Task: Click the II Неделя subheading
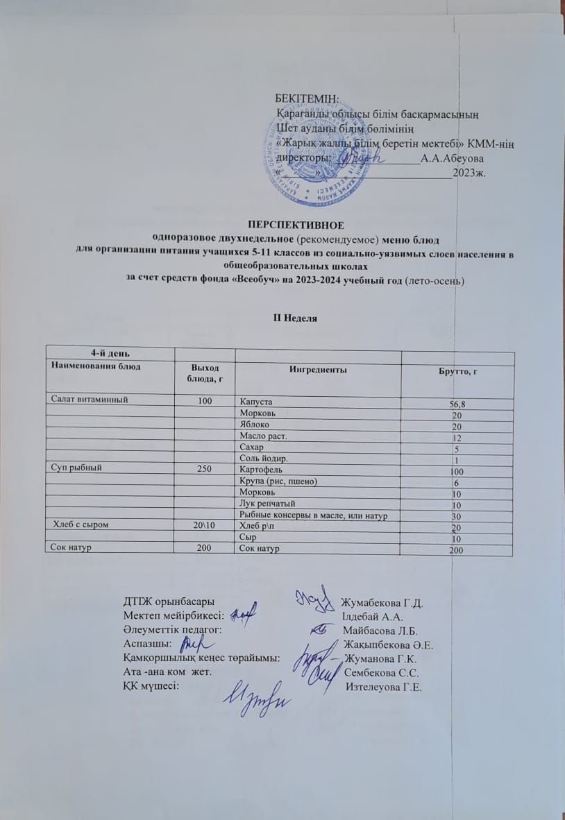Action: (295, 318)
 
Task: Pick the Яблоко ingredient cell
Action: (253, 424)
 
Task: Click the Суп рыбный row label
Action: (76, 467)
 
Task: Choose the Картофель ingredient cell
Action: (260, 470)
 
